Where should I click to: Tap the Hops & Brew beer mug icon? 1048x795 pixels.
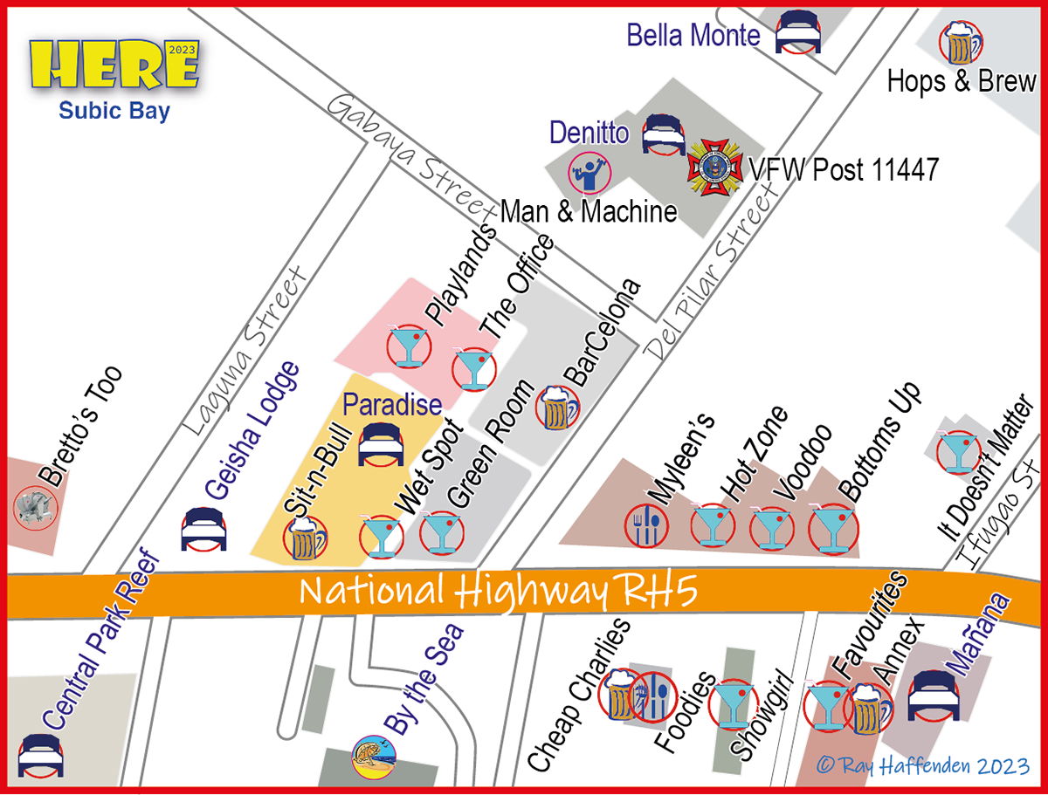pos(959,42)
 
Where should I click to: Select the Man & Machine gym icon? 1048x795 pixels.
pos(589,173)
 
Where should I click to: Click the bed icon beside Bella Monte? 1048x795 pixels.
pos(797,32)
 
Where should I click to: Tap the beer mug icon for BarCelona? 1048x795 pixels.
pos(558,408)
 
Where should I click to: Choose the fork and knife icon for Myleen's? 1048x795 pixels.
pos(647,525)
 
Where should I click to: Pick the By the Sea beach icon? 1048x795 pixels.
pos(374,757)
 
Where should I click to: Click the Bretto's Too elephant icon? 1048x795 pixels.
pos(36,506)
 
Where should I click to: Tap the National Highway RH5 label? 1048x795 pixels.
pos(498,593)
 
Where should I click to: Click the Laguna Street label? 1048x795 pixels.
pos(246,349)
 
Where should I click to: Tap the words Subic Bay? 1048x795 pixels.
pos(114,111)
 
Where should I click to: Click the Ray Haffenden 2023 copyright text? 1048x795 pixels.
pos(923,766)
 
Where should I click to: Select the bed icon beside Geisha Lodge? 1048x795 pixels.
pos(204,529)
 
